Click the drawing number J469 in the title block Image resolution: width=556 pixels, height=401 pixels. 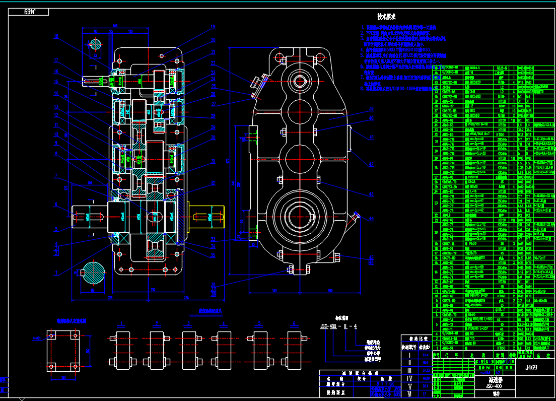click(530, 368)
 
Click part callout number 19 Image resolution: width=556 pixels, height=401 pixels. click(213, 27)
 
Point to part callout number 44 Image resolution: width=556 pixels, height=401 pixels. click(371, 219)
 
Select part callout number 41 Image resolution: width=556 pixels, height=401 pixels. click(371, 137)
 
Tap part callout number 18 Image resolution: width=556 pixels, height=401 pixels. click(56, 36)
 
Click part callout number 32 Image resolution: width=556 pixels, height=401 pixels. click(214, 183)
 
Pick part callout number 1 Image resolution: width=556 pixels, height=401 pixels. click(56, 273)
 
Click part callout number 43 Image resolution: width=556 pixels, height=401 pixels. click(371, 194)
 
